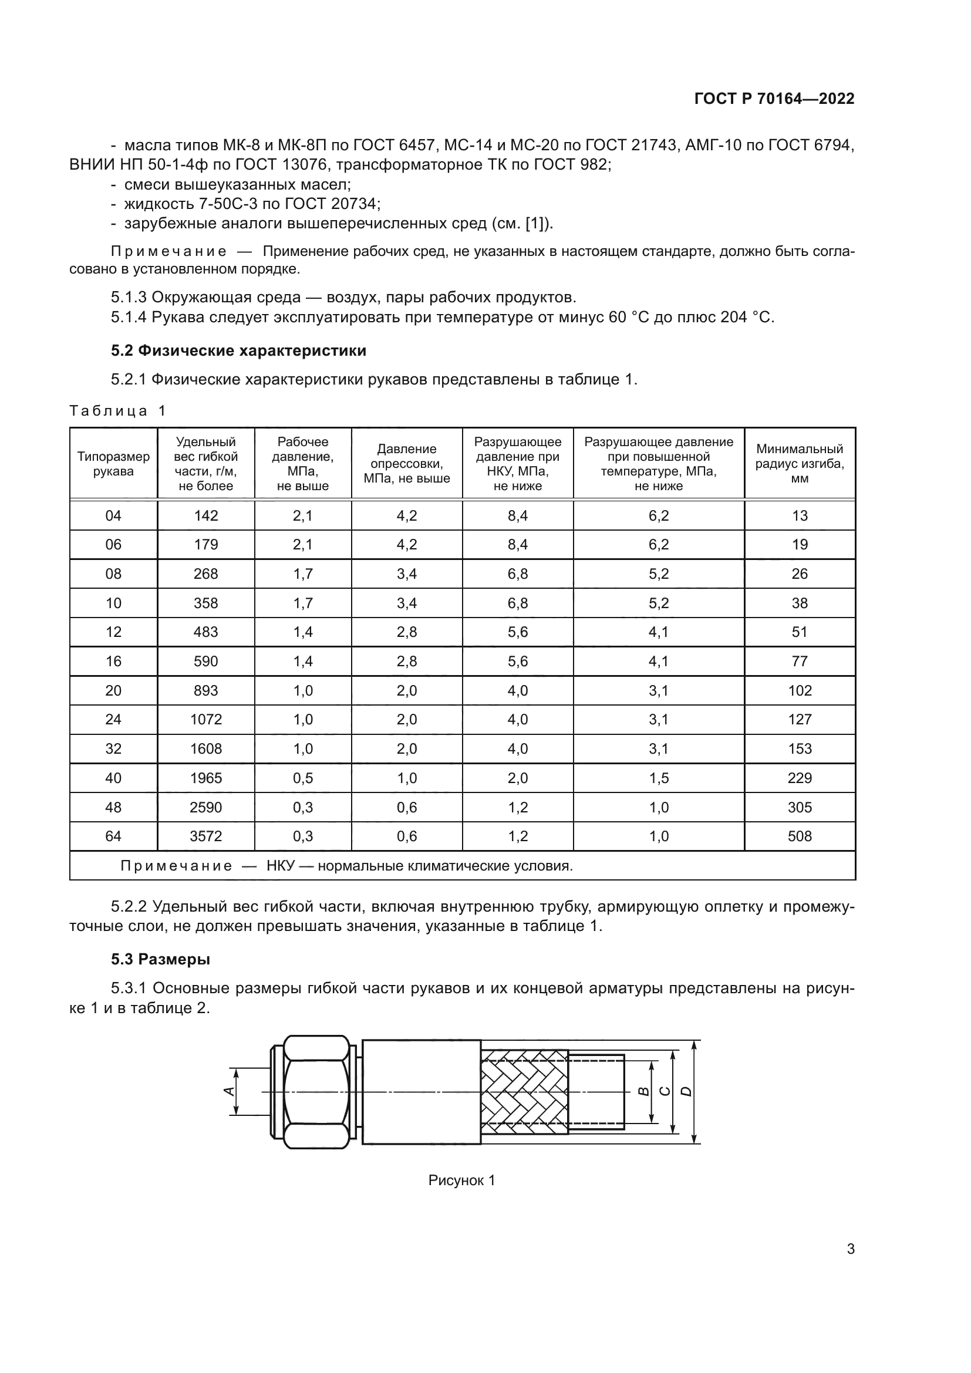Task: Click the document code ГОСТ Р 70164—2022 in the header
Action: coord(774,99)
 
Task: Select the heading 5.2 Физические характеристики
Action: coord(238,351)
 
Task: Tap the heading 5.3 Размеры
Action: coord(160,960)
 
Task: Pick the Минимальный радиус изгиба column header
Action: coord(800,464)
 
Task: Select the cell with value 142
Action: coord(205,515)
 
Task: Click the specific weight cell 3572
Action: coord(205,836)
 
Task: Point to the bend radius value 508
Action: coord(800,836)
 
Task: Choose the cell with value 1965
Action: coord(205,778)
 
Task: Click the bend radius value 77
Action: coord(800,662)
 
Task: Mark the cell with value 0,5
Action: coord(302,778)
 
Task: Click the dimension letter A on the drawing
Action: coord(228,1091)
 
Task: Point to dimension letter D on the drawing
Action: coord(687,1091)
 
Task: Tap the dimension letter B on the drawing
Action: coord(643,1091)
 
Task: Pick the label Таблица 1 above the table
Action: coord(117,411)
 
